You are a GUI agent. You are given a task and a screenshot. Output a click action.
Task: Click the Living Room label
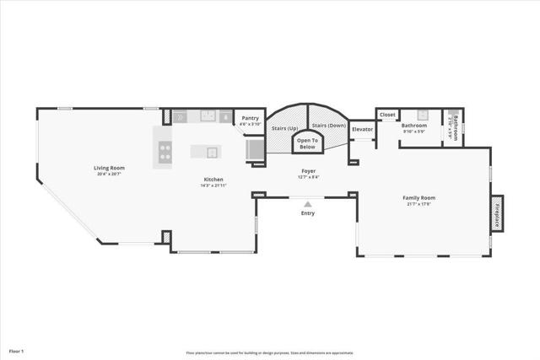point(108,168)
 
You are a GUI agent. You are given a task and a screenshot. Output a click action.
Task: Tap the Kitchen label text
point(213,179)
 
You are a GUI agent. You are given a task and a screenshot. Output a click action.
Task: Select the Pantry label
point(250,118)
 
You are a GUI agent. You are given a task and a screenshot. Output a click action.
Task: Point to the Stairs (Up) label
point(285,128)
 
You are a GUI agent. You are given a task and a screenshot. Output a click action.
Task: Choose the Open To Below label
point(308,142)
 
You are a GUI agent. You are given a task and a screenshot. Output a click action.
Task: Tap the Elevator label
point(362,129)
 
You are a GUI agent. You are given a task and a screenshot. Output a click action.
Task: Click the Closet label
point(387,115)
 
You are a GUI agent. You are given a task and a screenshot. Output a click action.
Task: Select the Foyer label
point(308,171)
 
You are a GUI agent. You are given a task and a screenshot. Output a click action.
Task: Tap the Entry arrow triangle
point(308,203)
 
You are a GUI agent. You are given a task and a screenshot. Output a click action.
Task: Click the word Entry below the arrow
point(308,213)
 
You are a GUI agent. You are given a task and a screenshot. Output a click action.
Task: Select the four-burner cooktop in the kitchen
point(165,153)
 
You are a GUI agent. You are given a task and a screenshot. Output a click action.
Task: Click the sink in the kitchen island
point(212,153)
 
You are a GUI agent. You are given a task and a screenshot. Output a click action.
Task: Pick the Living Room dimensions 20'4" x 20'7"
point(108,174)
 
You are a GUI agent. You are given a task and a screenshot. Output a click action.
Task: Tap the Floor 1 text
point(17,350)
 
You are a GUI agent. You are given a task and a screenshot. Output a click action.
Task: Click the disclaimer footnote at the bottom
point(270,353)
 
